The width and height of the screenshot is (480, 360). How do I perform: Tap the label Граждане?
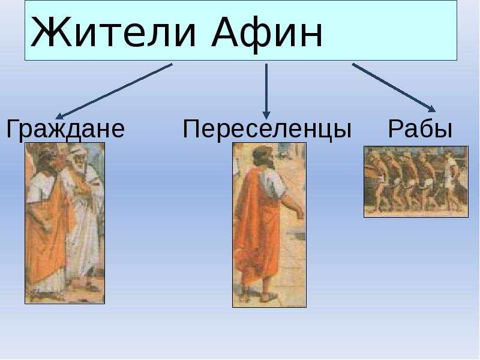tap(65, 129)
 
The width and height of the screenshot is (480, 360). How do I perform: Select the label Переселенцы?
tap(267, 129)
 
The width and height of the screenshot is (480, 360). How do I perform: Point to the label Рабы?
tap(419, 129)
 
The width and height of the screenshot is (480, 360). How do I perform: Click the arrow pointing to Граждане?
tap(114, 91)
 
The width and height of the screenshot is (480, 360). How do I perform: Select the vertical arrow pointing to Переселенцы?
tap(266, 90)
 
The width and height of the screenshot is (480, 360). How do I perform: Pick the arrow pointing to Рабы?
tap(393, 87)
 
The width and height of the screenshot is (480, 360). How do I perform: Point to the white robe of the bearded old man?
tap(84, 240)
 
